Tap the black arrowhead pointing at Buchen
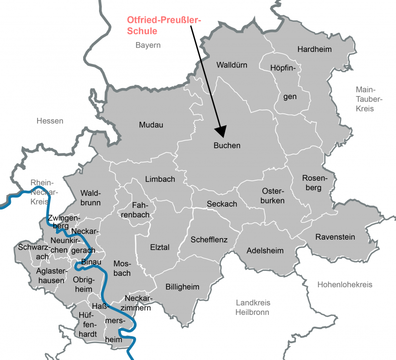click(x=221, y=130)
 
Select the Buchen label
click(x=227, y=146)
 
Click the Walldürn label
click(x=232, y=65)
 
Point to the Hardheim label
click(x=314, y=49)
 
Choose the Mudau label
click(x=151, y=125)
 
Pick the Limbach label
click(x=160, y=179)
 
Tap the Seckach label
click(x=222, y=204)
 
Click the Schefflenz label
click(x=209, y=240)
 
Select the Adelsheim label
click(x=265, y=251)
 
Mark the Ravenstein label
click(x=335, y=237)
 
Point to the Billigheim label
click(x=182, y=287)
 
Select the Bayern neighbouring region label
click(x=148, y=45)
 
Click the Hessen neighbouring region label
click(x=50, y=121)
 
